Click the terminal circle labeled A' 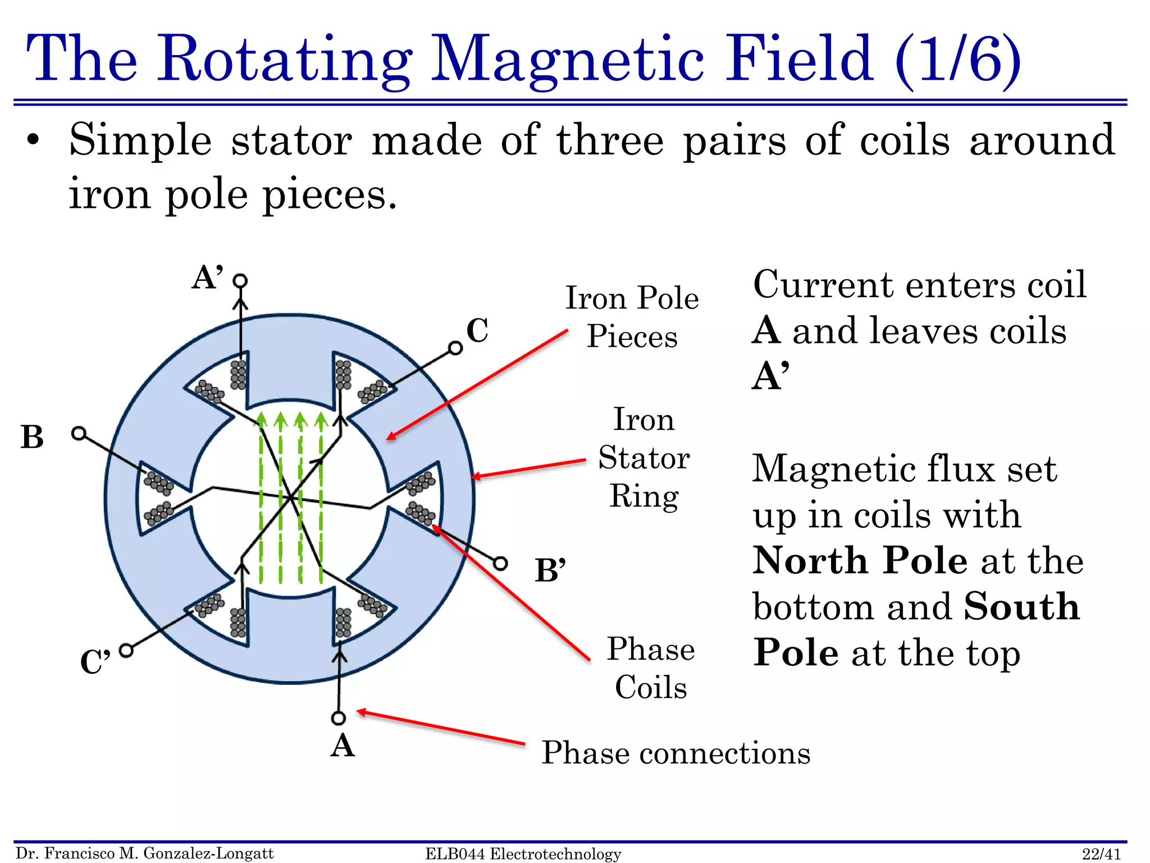pos(240,280)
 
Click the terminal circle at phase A pos(338,718)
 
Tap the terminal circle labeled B pos(79,433)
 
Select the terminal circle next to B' pos(500,563)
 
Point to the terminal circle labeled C pos(455,348)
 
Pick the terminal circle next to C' pos(126,651)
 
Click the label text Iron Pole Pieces pos(632,317)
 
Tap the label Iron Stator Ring pos(644,457)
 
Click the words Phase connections pos(676,753)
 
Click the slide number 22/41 pos(1101,854)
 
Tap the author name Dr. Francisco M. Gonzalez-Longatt pos(145,853)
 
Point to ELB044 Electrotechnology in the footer pos(523,854)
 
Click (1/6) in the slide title pos(957,58)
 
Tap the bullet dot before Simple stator pos(33,140)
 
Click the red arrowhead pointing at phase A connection pos(362,712)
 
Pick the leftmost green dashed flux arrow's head pos(261,420)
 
